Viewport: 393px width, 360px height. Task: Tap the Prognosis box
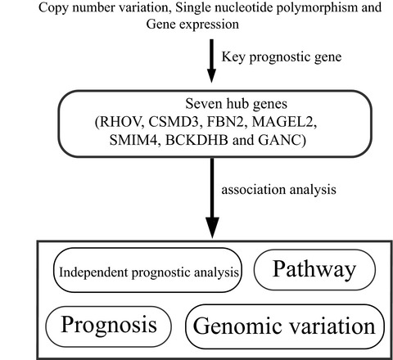108,324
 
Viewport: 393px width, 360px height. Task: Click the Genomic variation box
284,325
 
